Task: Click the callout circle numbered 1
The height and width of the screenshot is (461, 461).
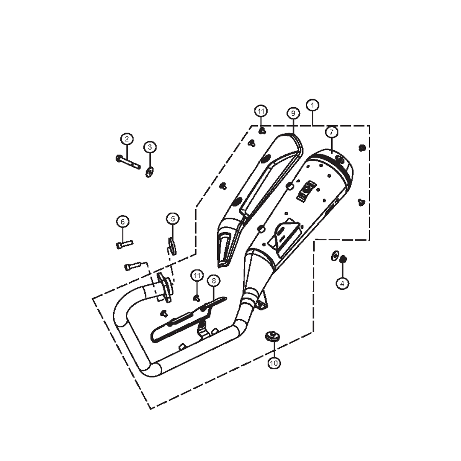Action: pyautogui.click(x=313, y=105)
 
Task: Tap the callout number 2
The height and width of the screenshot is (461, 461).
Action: pyautogui.click(x=126, y=139)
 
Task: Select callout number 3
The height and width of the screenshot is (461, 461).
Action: pyautogui.click(x=149, y=147)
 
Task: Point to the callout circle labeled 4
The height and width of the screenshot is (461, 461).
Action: pyautogui.click(x=342, y=283)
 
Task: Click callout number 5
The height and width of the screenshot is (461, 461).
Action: pyautogui.click(x=172, y=219)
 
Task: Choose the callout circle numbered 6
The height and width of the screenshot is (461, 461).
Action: pyautogui.click(x=123, y=222)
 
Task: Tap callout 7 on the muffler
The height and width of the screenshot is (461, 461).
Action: pyautogui.click(x=332, y=132)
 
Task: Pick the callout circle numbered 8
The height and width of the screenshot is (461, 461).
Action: pyautogui.click(x=213, y=280)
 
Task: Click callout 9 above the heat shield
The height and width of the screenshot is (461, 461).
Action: pyautogui.click(x=293, y=114)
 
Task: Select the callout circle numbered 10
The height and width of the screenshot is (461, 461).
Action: pyautogui.click(x=274, y=363)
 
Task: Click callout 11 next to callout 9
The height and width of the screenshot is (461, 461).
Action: pyautogui.click(x=261, y=111)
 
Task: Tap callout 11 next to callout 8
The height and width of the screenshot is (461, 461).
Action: pyautogui.click(x=196, y=276)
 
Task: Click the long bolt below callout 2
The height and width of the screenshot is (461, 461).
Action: pyautogui.click(x=128, y=162)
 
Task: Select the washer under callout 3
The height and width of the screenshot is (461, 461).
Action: pyautogui.click(x=149, y=172)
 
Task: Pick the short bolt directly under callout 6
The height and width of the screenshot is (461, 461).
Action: pyautogui.click(x=124, y=244)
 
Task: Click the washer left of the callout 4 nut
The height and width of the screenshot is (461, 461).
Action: pyautogui.click(x=334, y=256)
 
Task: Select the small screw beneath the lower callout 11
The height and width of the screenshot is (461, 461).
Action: pyautogui.click(x=197, y=298)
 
